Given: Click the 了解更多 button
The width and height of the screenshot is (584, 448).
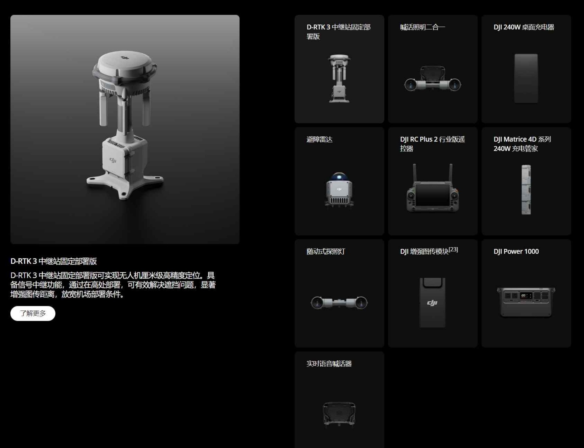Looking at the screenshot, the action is click(33, 313).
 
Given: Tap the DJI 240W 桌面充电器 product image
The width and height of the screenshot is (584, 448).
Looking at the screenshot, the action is click(526, 79).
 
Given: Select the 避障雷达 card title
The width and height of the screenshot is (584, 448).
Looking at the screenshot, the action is click(319, 139).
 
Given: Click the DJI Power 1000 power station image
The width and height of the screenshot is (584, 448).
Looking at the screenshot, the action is click(526, 302).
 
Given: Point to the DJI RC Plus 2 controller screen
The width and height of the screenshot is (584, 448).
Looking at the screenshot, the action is click(433, 195).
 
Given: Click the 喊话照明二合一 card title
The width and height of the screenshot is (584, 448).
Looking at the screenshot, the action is click(422, 27).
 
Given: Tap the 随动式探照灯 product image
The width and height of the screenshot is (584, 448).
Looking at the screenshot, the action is click(339, 303).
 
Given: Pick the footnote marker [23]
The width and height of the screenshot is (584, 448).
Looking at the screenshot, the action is click(453, 249).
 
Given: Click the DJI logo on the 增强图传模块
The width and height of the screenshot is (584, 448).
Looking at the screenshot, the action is click(432, 303).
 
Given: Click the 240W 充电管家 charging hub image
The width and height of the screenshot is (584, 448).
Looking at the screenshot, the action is click(526, 189).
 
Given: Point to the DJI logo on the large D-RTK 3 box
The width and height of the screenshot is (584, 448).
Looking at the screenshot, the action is click(113, 160).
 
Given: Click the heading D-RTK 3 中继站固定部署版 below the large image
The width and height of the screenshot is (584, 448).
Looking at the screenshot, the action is click(54, 261).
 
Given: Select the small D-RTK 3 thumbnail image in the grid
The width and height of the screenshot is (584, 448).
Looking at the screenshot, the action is click(339, 79).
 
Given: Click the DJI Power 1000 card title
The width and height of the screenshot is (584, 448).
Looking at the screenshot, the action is click(516, 251).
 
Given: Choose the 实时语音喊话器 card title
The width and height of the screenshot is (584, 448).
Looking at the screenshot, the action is click(329, 364).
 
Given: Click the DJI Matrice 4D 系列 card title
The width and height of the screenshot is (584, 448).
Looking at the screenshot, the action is click(522, 139).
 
